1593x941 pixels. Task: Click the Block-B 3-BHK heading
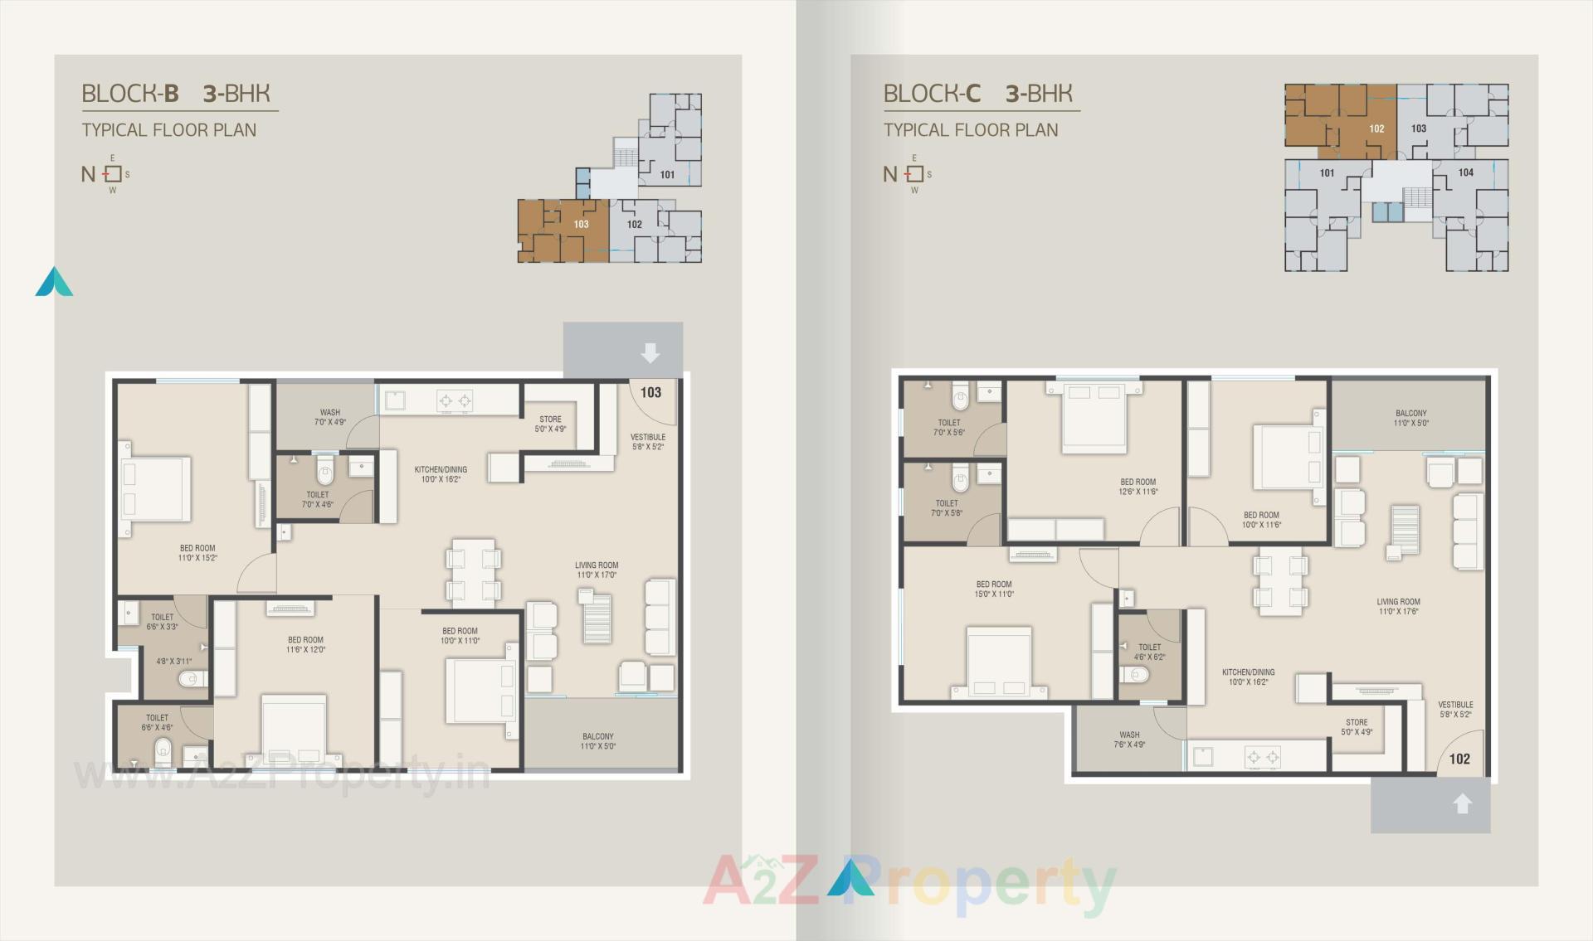pyautogui.click(x=176, y=94)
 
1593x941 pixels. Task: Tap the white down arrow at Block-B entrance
pyautogui.click(x=650, y=353)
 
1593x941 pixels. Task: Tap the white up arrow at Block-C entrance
pyautogui.click(x=1462, y=803)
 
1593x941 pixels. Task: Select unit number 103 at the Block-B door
pyautogui.click(x=650, y=392)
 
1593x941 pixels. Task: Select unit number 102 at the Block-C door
pyautogui.click(x=1459, y=759)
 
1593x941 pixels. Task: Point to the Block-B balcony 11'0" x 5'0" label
pyautogui.click(x=597, y=741)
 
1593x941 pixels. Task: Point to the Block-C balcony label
pyautogui.click(x=1410, y=418)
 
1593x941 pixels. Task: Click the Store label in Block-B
pyautogui.click(x=550, y=424)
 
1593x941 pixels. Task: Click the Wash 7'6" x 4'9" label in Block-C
pyautogui.click(x=1129, y=740)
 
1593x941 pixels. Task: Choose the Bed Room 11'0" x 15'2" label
pyautogui.click(x=197, y=553)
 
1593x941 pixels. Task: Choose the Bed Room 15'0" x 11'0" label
pyautogui.click(x=994, y=589)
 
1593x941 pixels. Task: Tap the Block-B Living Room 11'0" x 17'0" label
pyautogui.click(x=597, y=570)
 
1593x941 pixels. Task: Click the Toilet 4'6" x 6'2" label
pyautogui.click(x=1149, y=652)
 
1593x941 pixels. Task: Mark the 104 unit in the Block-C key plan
pyautogui.click(x=1465, y=172)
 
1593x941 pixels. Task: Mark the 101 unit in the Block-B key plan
pyautogui.click(x=667, y=175)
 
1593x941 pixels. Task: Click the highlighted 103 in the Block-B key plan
pyautogui.click(x=581, y=224)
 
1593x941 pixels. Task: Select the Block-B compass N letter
pyautogui.click(x=88, y=174)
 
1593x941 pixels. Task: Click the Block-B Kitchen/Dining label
pyautogui.click(x=441, y=474)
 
